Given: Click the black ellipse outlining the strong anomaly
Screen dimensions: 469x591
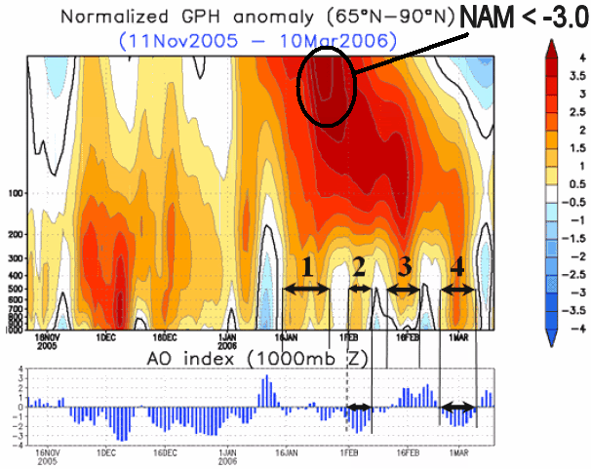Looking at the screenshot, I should [327, 88].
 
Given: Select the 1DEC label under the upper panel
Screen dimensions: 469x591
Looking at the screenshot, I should [106, 337].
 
